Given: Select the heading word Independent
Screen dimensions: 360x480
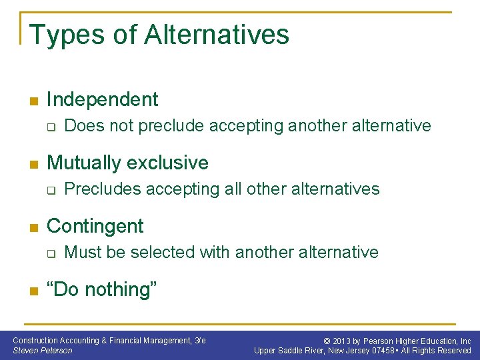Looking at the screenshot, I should pos(103,100).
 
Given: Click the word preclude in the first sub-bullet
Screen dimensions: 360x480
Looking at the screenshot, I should pos(173,126).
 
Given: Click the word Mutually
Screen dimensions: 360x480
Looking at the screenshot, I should pos(84,163).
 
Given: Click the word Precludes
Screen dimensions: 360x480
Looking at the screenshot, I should pos(103,189).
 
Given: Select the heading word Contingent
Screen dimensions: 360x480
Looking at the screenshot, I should pos(95,227).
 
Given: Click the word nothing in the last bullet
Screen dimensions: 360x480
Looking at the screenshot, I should pos(117,289).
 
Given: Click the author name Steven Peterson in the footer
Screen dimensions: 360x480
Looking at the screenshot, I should pos(43,351).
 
